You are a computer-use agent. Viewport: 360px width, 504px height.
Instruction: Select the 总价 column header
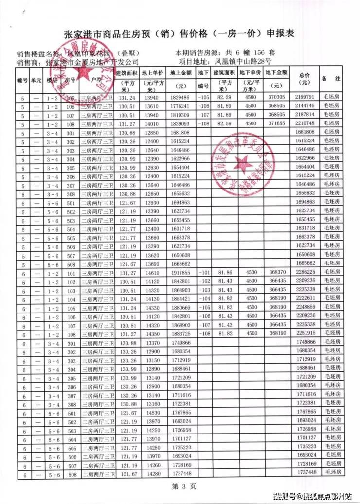coord(305,78)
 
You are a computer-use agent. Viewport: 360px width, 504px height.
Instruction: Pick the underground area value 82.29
coord(224,97)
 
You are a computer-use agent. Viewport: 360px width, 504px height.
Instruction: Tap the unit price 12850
coord(151,133)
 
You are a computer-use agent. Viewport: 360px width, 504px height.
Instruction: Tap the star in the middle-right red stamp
coord(241,168)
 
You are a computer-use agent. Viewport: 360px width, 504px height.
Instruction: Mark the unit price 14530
coord(151,412)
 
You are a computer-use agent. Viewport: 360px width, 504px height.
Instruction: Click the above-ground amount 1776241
coord(181,106)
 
